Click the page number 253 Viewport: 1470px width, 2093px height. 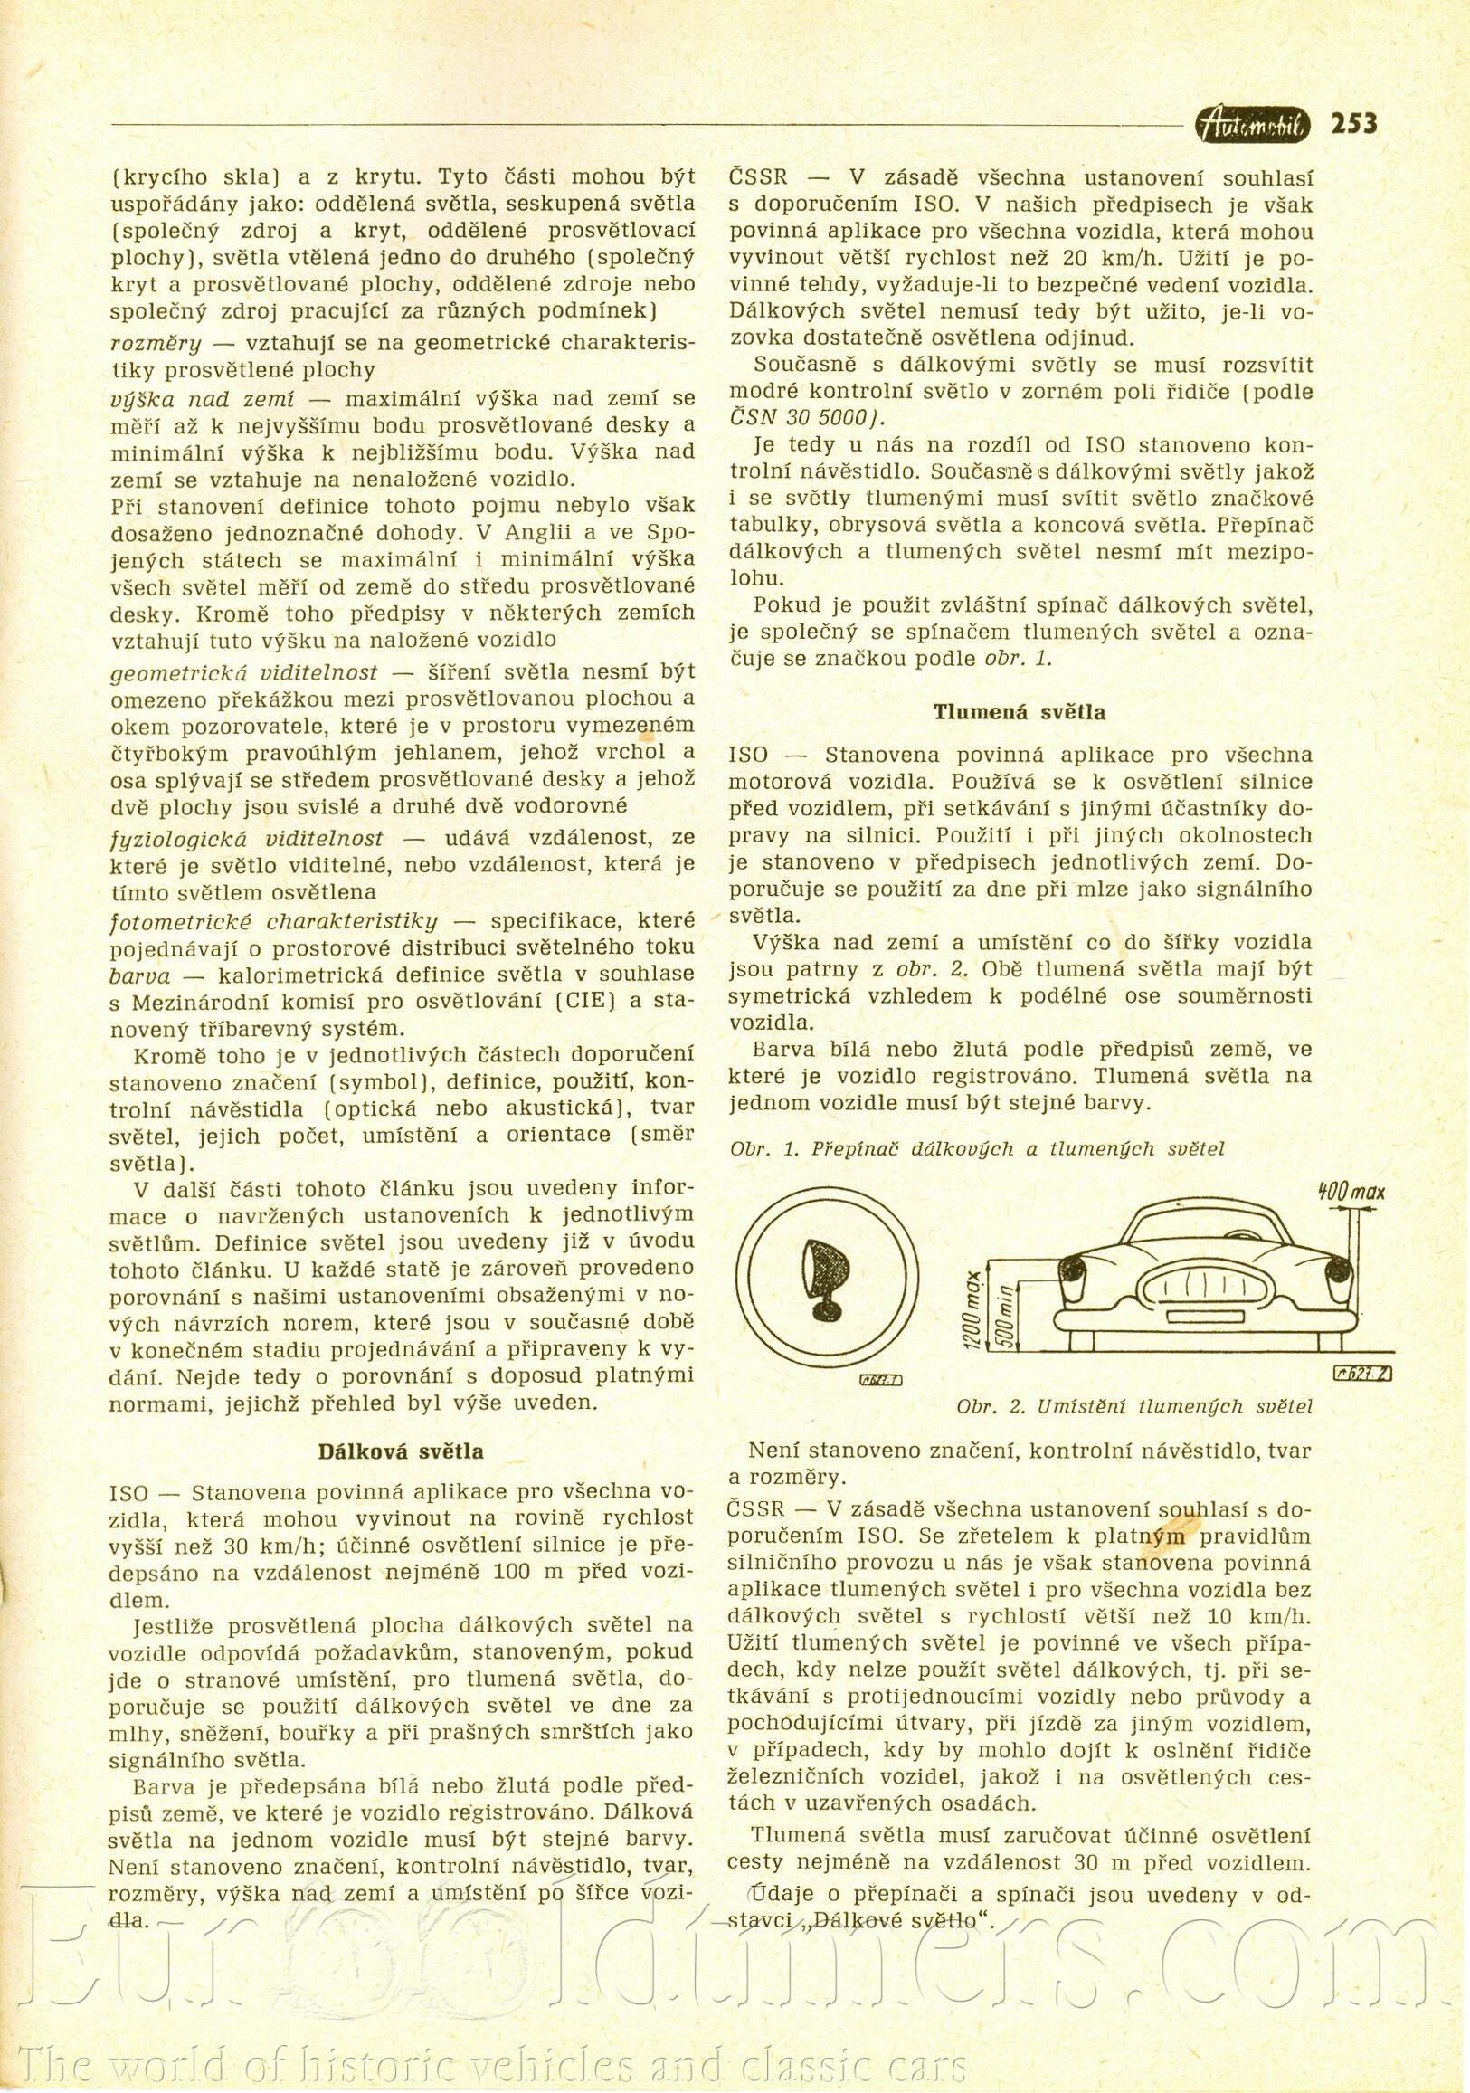[x=1353, y=123]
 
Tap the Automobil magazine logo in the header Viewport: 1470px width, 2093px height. [x=1252, y=125]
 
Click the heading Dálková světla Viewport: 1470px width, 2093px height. [x=400, y=1451]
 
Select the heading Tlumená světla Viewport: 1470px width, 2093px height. [x=1019, y=712]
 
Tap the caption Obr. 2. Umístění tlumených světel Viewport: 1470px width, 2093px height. [x=1134, y=1405]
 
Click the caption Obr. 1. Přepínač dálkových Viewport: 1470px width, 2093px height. [x=977, y=1149]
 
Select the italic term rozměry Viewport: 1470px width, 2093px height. [x=155, y=344]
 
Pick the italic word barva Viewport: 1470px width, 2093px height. [x=139, y=975]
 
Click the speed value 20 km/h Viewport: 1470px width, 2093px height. [x=1113, y=258]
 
